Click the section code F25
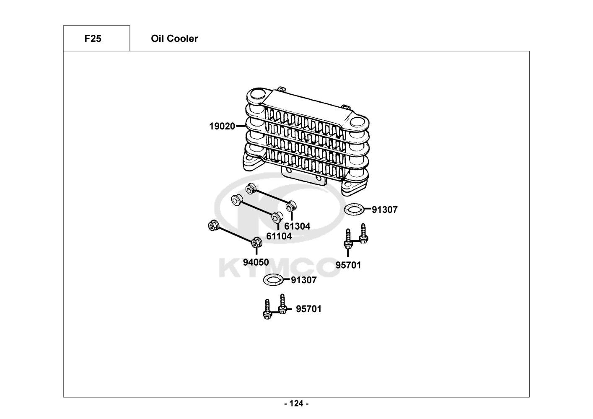[x=93, y=39]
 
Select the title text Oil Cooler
[x=174, y=39]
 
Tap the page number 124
[x=296, y=403]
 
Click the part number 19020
[x=222, y=126]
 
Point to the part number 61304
[x=297, y=226]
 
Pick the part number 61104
[x=279, y=236]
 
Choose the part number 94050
[x=256, y=262]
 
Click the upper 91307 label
[x=384, y=209]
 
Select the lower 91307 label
[x=304, y=280]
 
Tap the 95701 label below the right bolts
[x=348, y=265]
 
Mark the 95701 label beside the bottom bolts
[x=308, y=309]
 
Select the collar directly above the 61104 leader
[x=277, y=217]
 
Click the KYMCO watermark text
[x=279, y=267]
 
